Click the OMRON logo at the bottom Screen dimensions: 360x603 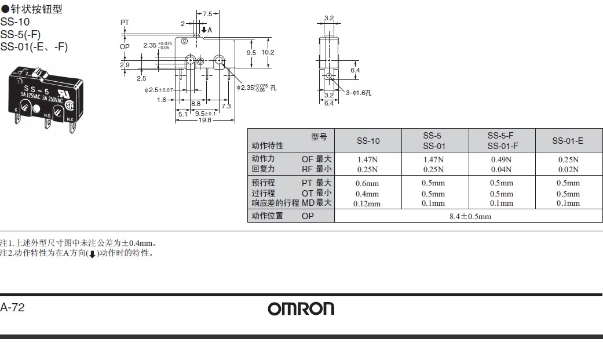[301, 309]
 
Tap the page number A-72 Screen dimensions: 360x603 [13, 308]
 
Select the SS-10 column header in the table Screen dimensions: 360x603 [368, 141]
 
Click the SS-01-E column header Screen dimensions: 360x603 [567, 141]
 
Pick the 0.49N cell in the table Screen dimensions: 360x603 [501, 159]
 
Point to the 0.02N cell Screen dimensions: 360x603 [568, 170]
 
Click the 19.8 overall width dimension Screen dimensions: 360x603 [204, 121]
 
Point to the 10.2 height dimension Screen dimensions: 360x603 [268, 52]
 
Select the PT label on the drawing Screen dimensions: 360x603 [125, 22]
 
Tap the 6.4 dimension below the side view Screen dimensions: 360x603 [329, 103]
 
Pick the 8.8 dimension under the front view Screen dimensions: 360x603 [195, 104]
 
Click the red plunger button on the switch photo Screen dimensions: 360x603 [41, 74]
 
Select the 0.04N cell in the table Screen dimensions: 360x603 [501, 170]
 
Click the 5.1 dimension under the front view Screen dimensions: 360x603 [182, 114]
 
